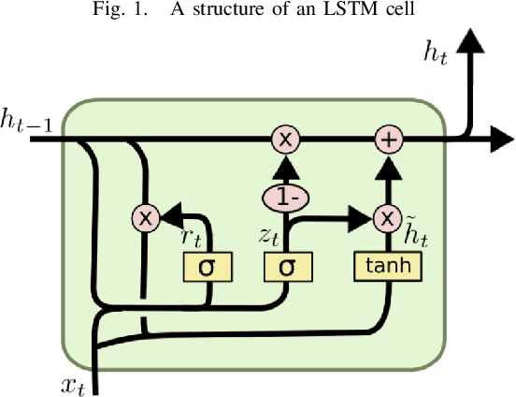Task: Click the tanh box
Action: pos(387,267)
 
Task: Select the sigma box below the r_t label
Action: pos(208,268)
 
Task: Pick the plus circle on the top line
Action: pos(387,140)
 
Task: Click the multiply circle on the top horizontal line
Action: pos(285,140)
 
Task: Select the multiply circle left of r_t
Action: pos(145,217)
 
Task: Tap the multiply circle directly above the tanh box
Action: pos(387,217)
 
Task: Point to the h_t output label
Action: pos(436,54)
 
